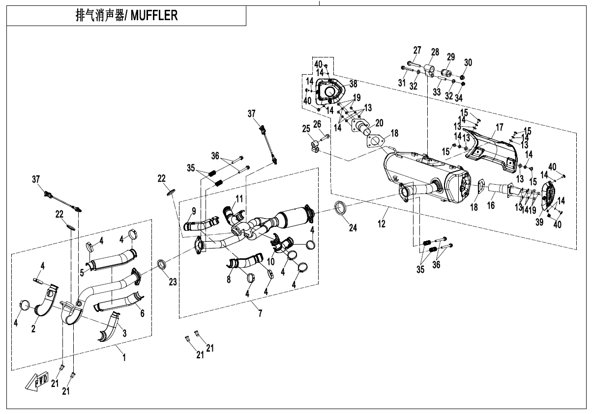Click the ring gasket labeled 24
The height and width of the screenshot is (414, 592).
tap(340, 208)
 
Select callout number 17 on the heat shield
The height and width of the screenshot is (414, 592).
tap(500, 127)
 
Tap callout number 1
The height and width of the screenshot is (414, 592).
tap(124, 359)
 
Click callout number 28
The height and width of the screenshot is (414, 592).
tap(435, 52)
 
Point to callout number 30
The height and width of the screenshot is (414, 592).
tap(468, 62)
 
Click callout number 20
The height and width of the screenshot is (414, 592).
tap(379, 122)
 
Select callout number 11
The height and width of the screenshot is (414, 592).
tap(239, 198)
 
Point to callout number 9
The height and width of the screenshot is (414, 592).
tap(194, 211)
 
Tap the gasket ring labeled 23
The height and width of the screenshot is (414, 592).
tap(161, 265)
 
